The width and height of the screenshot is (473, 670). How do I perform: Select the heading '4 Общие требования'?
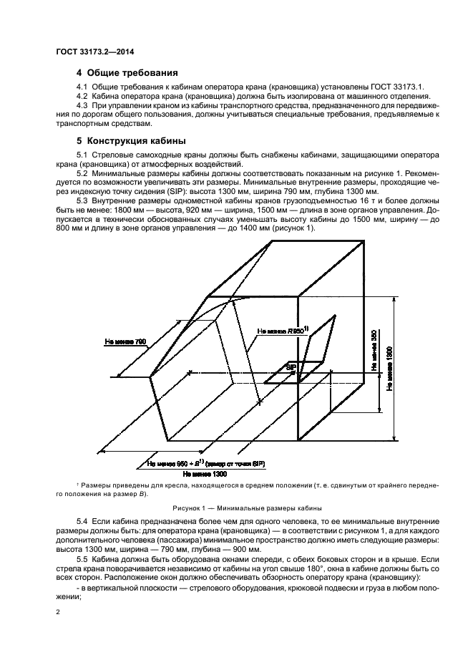[x=127, y=73]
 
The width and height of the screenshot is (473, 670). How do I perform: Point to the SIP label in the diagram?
[x=291, y=366]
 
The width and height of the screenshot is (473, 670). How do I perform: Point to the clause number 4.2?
[x=82, y=97]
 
